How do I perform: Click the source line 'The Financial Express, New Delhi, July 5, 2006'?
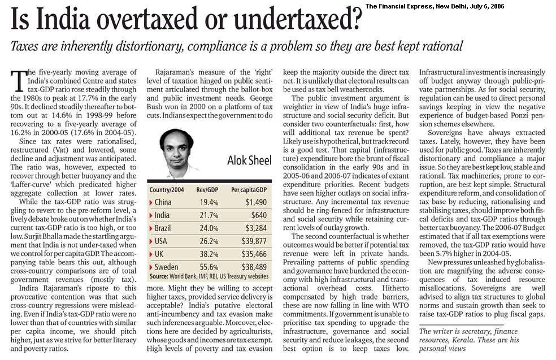pos(459,6)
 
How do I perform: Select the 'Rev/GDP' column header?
pos(208,190)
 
